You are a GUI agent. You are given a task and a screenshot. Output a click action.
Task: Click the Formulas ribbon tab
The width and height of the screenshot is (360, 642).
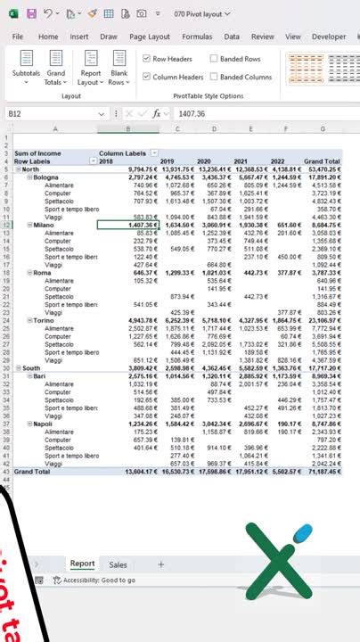197,37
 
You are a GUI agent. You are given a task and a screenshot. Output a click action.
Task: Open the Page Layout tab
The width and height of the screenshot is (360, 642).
149,37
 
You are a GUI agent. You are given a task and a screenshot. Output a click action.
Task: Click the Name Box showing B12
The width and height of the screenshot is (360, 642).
36,114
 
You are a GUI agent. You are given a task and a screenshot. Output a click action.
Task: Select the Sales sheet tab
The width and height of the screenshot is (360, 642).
118,564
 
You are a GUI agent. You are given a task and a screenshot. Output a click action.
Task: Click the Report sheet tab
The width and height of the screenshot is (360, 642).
83,564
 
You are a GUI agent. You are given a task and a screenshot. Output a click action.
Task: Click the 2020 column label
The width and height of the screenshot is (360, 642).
211,161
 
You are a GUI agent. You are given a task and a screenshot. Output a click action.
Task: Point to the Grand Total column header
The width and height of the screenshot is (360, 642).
322,161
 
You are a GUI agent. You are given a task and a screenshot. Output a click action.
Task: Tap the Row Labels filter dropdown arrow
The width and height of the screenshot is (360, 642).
94,161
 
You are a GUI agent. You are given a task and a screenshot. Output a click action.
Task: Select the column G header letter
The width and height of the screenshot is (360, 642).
323,129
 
